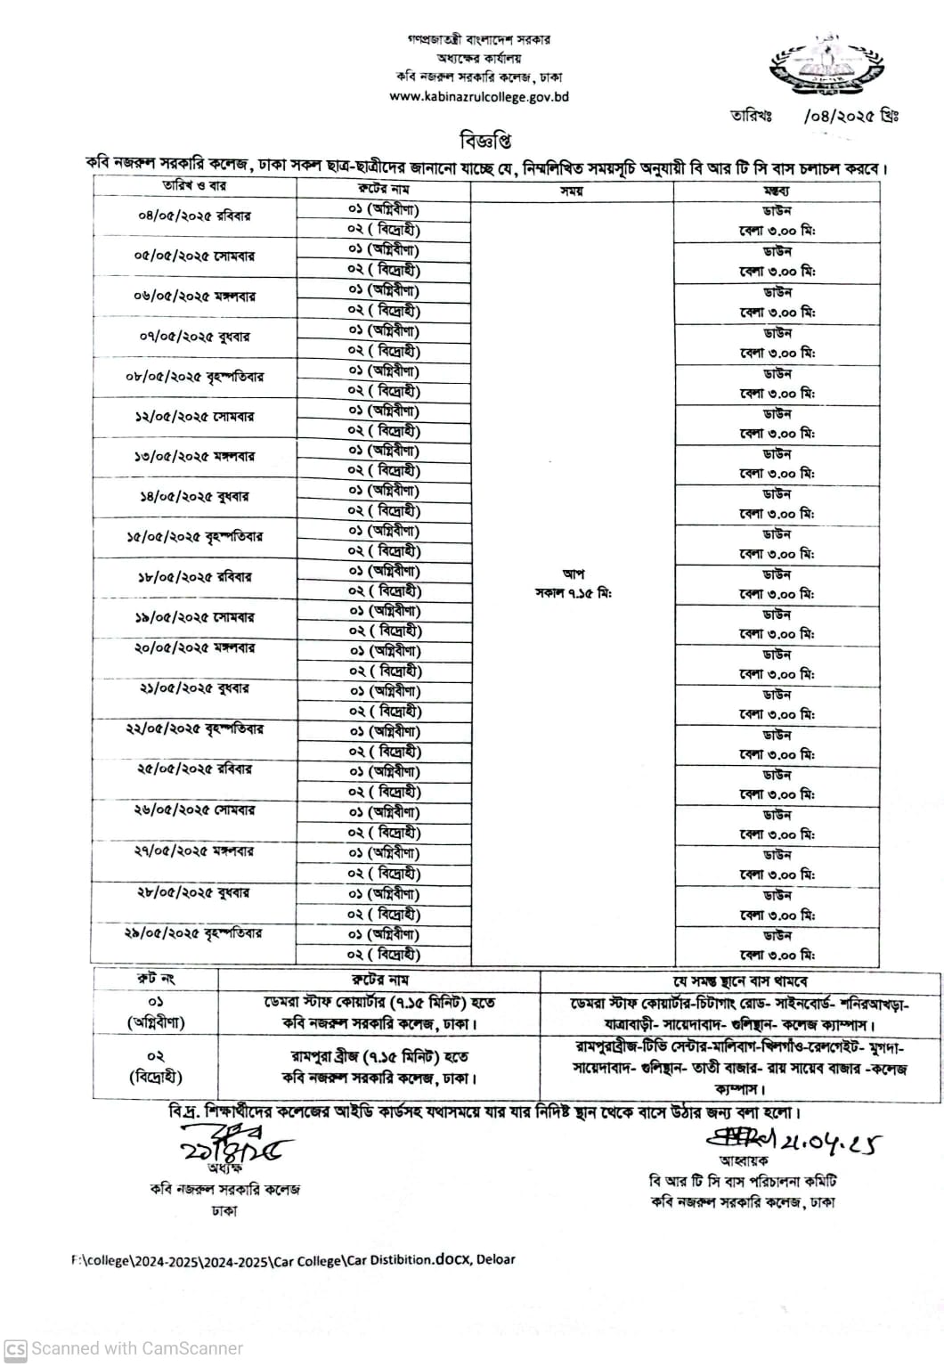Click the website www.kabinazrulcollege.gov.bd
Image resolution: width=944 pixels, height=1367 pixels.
[478, 96]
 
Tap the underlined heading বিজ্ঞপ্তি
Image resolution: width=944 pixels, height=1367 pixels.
[485, 141]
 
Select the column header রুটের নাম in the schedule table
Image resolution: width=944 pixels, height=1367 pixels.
[383, 189]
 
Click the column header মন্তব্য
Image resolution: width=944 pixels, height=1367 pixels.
[776, 190]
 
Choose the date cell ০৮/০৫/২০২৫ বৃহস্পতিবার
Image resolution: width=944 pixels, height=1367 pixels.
[194, 377]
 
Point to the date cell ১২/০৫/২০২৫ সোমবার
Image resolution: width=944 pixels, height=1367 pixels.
[194, 417]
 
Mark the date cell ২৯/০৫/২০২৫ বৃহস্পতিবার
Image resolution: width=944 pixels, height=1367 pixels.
[194, 934]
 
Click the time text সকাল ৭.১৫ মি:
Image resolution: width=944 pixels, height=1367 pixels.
[573, 593]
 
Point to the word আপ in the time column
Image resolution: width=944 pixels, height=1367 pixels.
[573, 574]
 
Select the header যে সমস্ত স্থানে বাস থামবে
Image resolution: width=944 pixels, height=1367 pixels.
[740, 980]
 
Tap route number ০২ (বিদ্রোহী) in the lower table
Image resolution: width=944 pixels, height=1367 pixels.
[155, 1066]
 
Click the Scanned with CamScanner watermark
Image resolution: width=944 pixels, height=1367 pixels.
[125, 1348]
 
